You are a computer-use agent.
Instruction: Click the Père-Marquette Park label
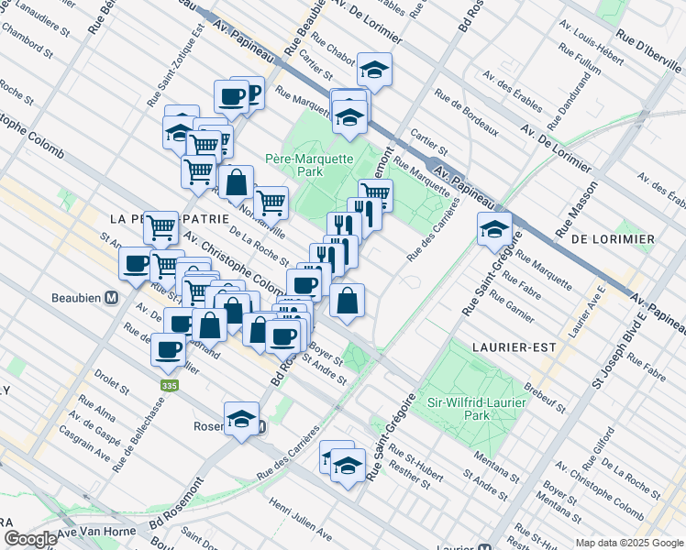pyautogui.click(x=309, y=165)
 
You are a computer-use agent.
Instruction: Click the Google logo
pyautogui.click(x=30, y=539)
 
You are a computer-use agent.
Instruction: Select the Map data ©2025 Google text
pyautogui.click(x=629, y=543)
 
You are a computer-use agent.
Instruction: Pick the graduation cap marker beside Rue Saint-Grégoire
pyautogui.click(x=494, y=229)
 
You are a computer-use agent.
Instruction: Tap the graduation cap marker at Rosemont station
pyautogui.click(x=240, y=419)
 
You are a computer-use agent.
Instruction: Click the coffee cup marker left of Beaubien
pyautogui.click(x=137, y=264)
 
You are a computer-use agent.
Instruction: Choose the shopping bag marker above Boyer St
pyautogui.click(x=348, y=301)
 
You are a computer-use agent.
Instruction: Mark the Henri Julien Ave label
pyautogui.click(x=300, y=518)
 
